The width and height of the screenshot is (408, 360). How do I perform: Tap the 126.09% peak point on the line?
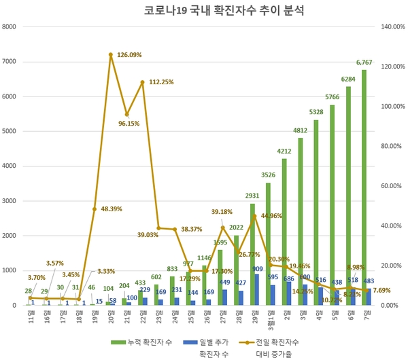[x=110, y=54]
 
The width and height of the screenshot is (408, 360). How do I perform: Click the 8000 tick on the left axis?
[x=9, y=26]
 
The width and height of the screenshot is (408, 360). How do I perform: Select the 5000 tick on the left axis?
[x=9, y=131]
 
